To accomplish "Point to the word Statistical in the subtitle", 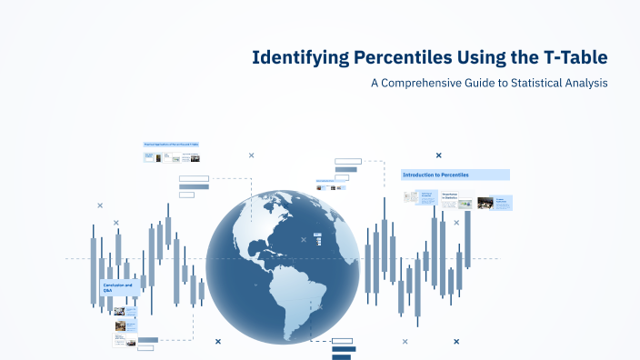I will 527,83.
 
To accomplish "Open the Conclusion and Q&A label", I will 118,286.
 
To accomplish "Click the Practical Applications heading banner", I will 171,145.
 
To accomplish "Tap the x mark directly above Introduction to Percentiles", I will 438,155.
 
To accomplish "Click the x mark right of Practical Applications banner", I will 251,155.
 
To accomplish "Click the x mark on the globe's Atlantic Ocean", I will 304,240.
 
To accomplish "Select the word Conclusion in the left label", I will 114,285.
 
